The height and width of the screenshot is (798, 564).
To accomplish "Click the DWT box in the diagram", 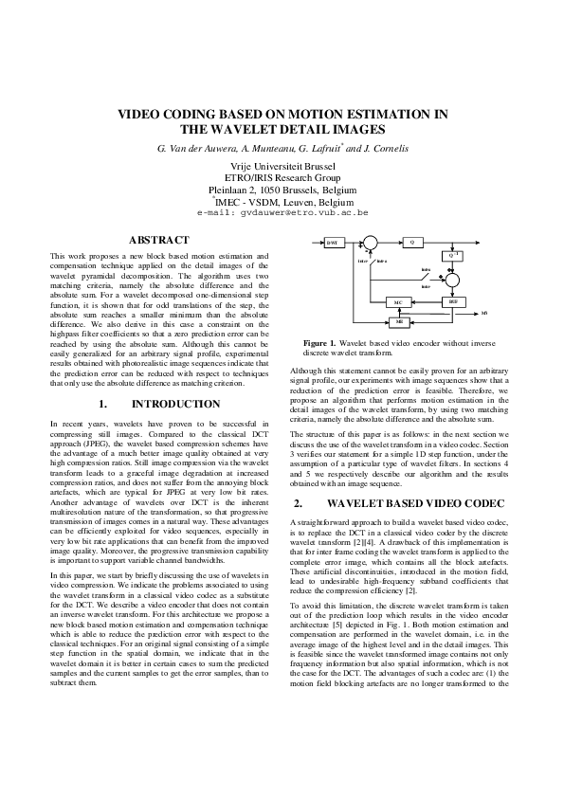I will point(333,242).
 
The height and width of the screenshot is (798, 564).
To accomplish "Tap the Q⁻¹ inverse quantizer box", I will point(453,256).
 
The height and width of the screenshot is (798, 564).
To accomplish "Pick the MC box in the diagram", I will point(399,302).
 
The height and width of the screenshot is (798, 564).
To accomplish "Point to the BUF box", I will point(453,301).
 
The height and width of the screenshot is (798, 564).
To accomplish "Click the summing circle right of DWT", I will point(370,243).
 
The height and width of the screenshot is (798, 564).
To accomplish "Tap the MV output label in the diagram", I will point(484,313).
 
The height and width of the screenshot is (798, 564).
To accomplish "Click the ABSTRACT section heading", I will point(158,241).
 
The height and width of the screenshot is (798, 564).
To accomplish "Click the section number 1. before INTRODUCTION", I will point(101,404).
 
